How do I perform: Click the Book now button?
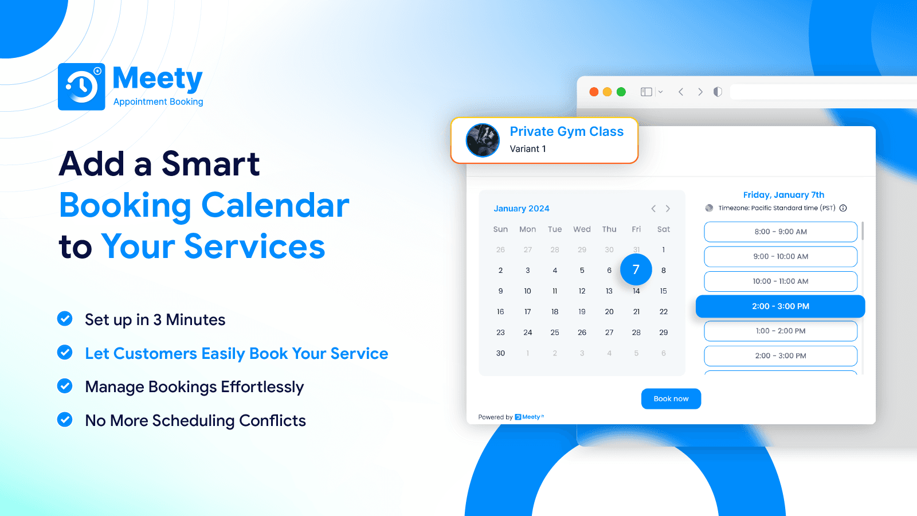coord(671,398)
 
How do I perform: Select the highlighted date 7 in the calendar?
coord(636,269)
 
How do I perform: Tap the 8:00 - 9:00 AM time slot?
coord(780,232)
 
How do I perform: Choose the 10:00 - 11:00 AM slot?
coord(780,282)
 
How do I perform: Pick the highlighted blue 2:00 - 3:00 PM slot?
coord(780,306)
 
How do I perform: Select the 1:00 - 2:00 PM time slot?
coord(780,331)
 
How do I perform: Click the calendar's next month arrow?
coord(668,209)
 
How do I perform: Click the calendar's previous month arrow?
coord(653,209)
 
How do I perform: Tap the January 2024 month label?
coord(521,209)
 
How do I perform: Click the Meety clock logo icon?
coord(81,87)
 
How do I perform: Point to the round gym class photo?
coord(483,140)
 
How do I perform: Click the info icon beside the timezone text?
coord(843,208)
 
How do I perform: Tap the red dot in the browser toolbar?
coord(594,92)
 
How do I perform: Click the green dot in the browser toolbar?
coord(621,92)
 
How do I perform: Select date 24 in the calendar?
coord(528,333)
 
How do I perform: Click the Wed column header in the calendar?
coord(582,229)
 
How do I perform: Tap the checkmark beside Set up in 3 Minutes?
coord(65,319)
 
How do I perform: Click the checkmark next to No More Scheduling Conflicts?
coord(65,420)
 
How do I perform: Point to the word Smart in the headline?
coord(210,164)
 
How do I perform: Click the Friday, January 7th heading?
coord(783,195)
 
